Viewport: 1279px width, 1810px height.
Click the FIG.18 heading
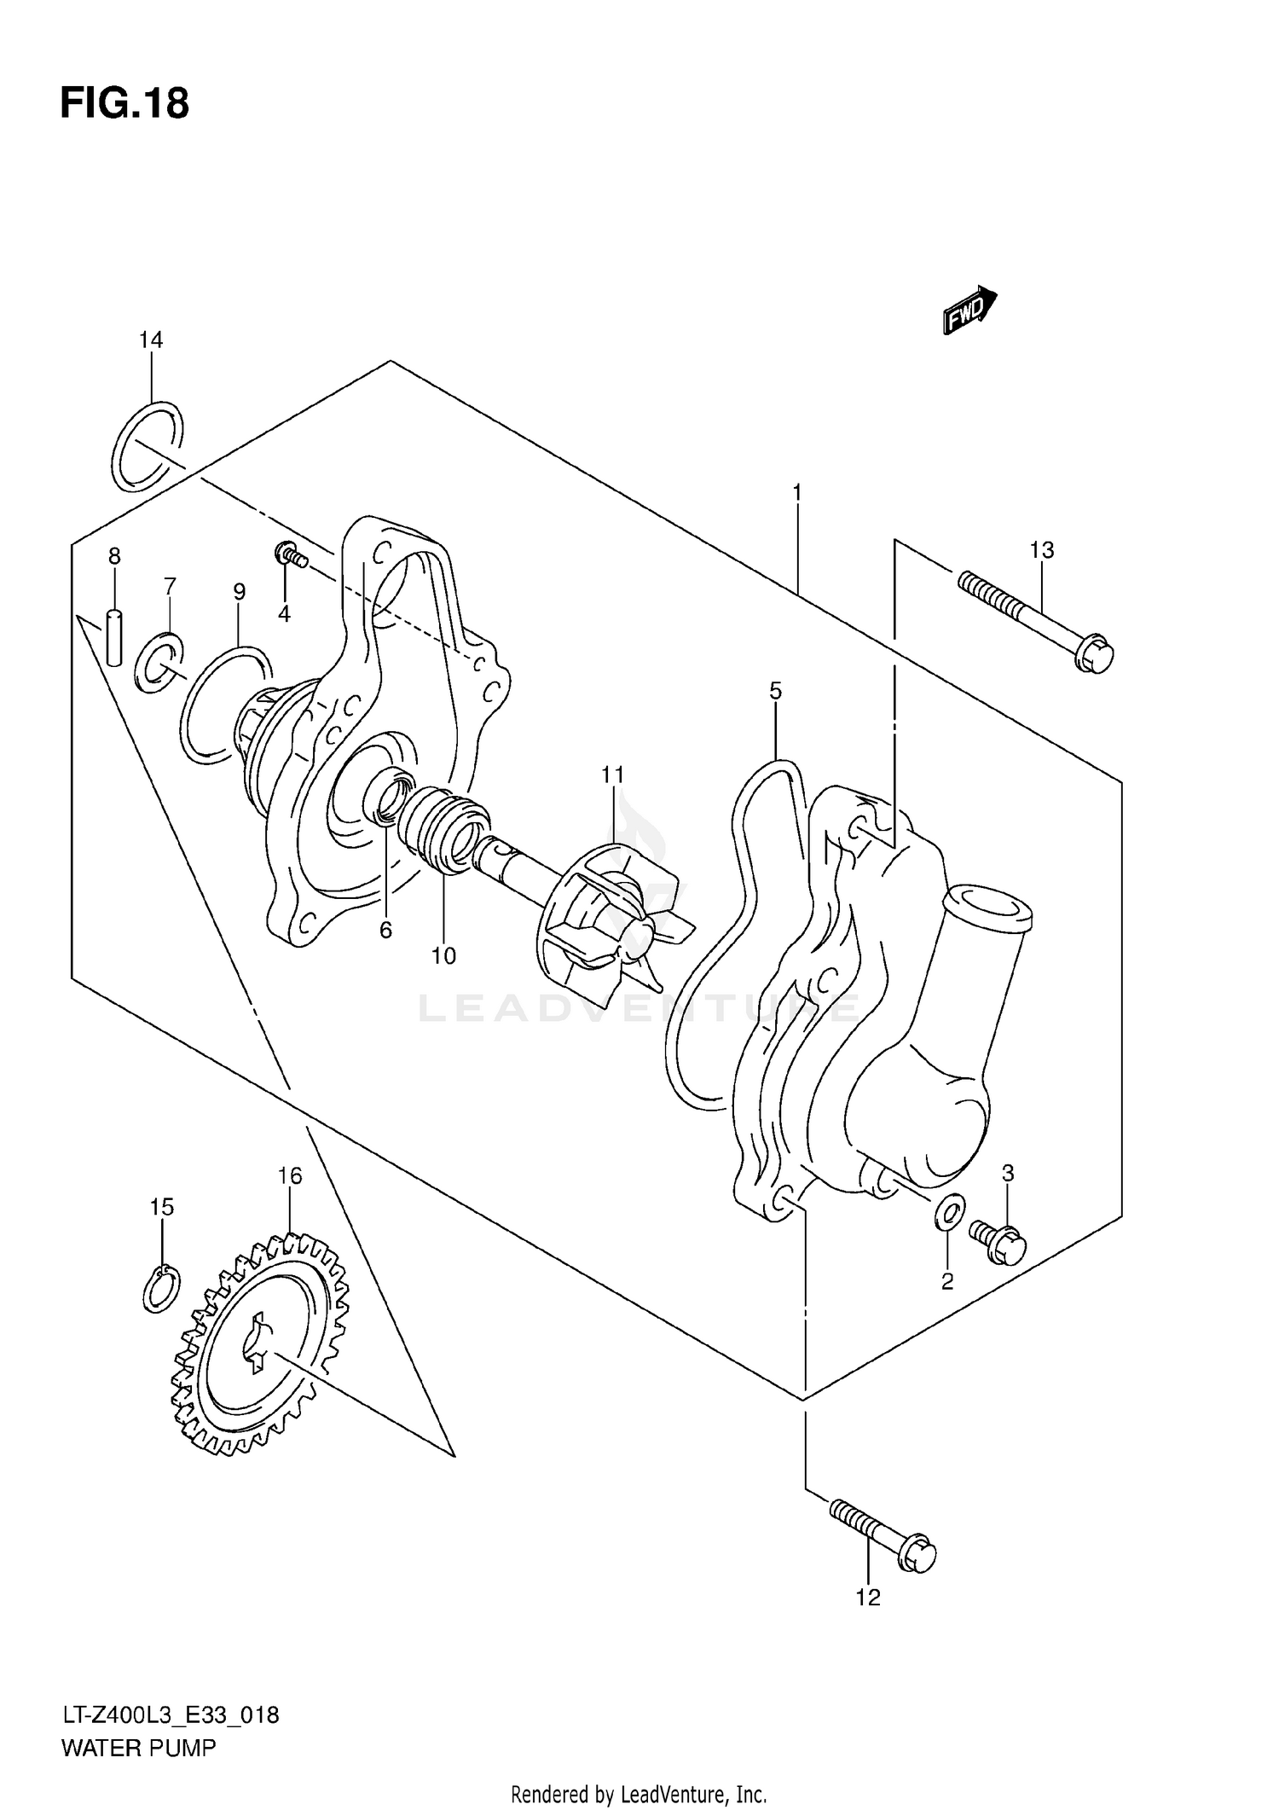[124, 104]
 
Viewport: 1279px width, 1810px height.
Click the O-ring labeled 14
[147, 446]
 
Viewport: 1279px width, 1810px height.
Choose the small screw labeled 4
[289, 556]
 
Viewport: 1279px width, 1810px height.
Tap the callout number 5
[775, 691]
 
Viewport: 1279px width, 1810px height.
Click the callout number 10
[443, 956]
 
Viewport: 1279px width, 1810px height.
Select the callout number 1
[796, 492]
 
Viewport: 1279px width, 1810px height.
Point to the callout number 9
[240, 592]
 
